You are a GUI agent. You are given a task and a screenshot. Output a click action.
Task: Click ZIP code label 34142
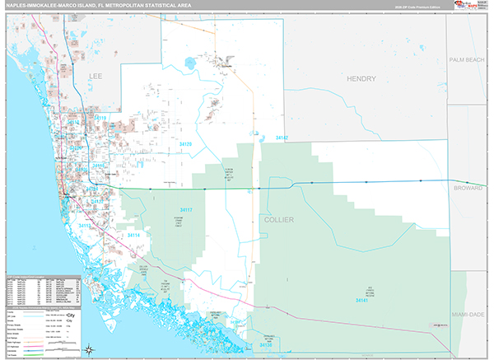(282, 138)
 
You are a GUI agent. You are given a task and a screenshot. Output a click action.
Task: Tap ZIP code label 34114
(134, 236)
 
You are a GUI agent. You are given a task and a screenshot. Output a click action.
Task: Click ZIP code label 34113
(86, 224)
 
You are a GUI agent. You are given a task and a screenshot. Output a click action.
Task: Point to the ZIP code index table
(41, 288)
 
